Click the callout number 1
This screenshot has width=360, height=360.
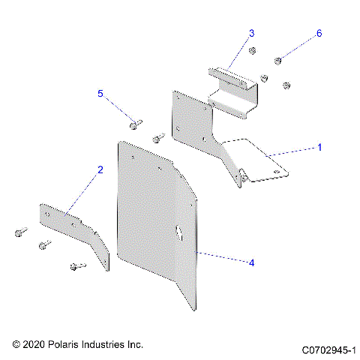point(319,147)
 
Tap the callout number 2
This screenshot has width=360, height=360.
point(100,170)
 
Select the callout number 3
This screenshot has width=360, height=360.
point(252,33)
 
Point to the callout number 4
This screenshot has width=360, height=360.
point(252,262)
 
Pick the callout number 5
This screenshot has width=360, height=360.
point(100,94)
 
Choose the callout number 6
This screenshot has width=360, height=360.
point(319,34)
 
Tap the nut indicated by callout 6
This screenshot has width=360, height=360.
point(277,60)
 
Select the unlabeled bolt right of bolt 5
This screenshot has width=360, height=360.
point(157,138)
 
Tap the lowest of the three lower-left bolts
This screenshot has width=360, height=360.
point(75,265)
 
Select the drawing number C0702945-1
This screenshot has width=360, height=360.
point(331,350)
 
